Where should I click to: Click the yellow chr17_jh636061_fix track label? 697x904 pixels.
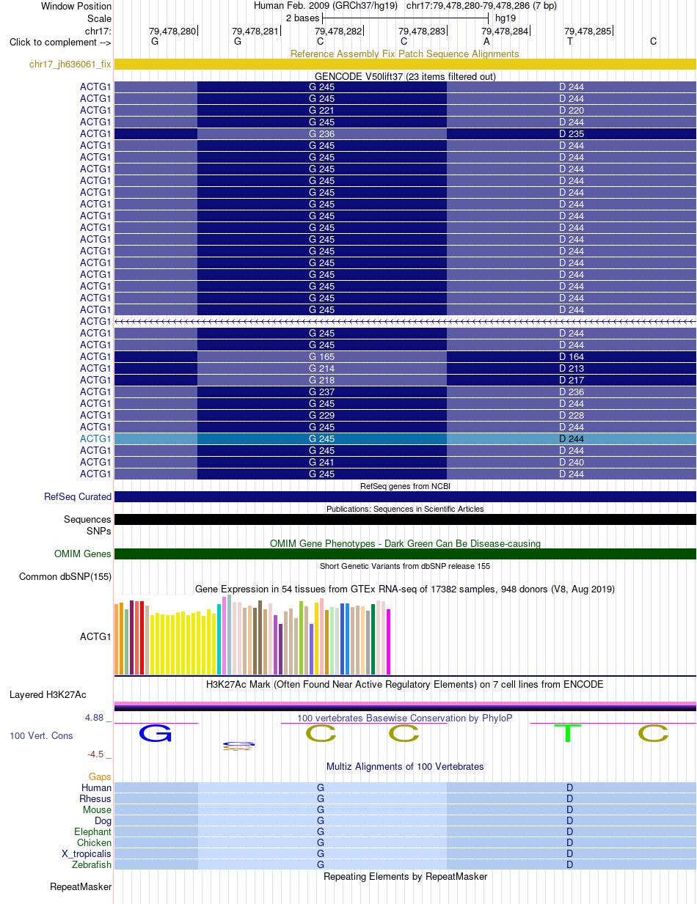70,64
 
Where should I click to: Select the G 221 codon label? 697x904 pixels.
321,110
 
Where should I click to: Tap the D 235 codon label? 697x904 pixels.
572,133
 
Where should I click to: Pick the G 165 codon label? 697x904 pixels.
321,356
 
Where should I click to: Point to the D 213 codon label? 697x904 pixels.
572,368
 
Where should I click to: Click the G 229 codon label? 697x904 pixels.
321,415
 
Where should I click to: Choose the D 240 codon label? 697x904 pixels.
572,462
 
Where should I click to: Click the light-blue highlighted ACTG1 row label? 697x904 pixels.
95,438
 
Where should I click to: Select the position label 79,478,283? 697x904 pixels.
422,32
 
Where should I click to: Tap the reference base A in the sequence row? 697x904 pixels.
486,42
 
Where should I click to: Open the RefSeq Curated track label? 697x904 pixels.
78,496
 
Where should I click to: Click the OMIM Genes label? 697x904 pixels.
82,554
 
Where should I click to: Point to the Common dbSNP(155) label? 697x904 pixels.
65,576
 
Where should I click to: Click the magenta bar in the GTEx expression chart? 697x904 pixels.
389,642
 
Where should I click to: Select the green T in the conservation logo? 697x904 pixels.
568,733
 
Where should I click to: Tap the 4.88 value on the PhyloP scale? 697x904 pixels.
94,718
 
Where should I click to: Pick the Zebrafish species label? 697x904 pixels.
92,864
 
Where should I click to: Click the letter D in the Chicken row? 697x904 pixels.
569,842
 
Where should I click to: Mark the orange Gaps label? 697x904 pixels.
100,776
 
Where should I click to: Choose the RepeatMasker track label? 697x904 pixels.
81,886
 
